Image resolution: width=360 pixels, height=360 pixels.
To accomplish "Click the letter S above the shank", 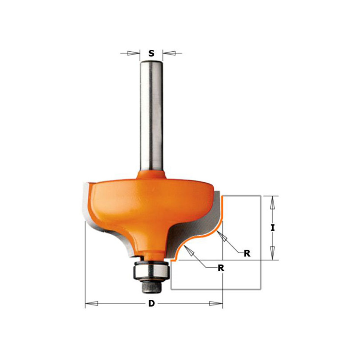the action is point(151,54).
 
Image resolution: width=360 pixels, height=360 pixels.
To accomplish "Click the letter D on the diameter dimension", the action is point(151,303).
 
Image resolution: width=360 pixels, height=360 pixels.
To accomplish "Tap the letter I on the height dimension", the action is point(272,228).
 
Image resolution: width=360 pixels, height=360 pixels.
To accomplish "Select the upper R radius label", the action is point(247,253).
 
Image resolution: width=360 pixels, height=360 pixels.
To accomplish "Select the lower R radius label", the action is point(221,268).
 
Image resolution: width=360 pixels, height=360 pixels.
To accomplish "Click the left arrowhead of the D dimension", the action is point(92,303).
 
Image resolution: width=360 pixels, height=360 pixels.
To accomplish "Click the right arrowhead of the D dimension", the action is point(216,303).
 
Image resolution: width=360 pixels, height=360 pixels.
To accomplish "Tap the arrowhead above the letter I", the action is point(272,202).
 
